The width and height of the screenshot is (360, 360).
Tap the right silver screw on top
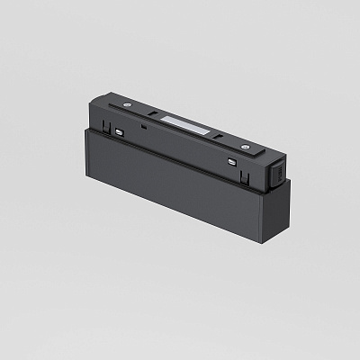click(x=242, y=143)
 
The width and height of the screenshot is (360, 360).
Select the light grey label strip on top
click(x=184, y=123)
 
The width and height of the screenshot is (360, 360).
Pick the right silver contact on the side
click(x=234, y=161)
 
